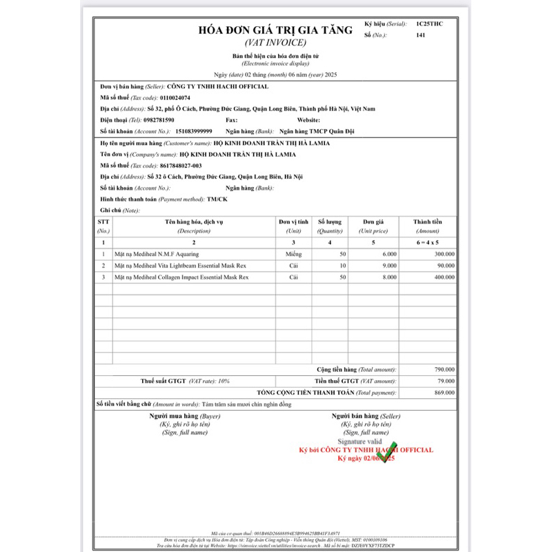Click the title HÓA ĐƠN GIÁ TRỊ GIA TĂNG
[275, 30]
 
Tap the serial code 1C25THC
[429, 24]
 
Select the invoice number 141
[421, 34]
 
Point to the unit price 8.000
[388, 277]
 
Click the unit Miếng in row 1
[294, 254]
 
